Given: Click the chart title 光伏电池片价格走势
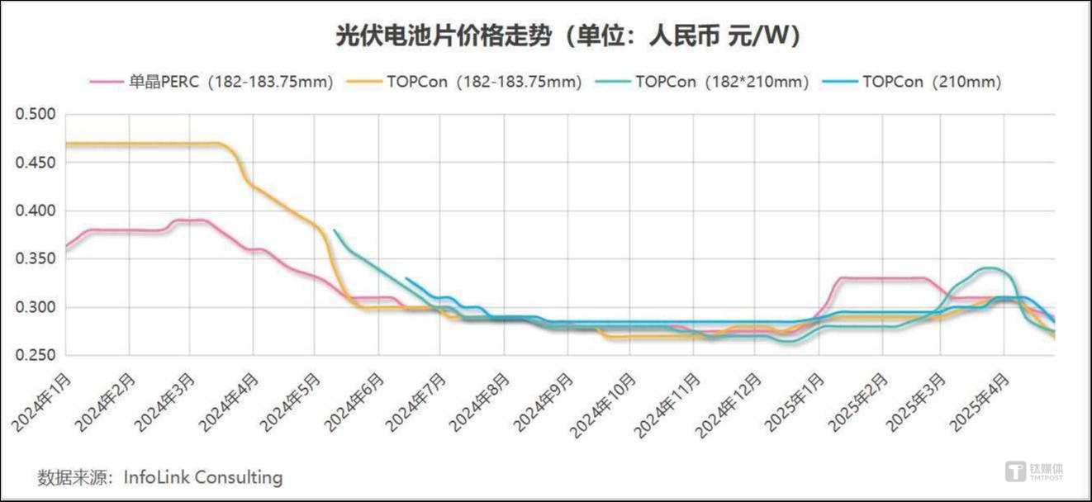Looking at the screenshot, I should point(430,36).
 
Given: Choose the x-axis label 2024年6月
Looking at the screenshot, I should point(356,402).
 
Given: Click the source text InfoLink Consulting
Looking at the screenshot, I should point(202,477).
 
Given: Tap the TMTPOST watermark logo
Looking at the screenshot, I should point(1033,471).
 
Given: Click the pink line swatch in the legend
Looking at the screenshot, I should point(106,82).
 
